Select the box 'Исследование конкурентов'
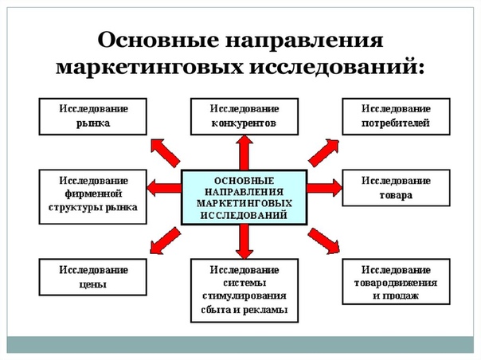(244, 115)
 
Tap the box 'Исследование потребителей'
(396, 115)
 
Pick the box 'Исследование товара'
(396, 187)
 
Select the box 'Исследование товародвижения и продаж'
(396, 281)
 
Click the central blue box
(244, 196)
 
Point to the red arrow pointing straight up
(244, 150)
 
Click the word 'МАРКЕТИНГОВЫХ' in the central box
(244, 203)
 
